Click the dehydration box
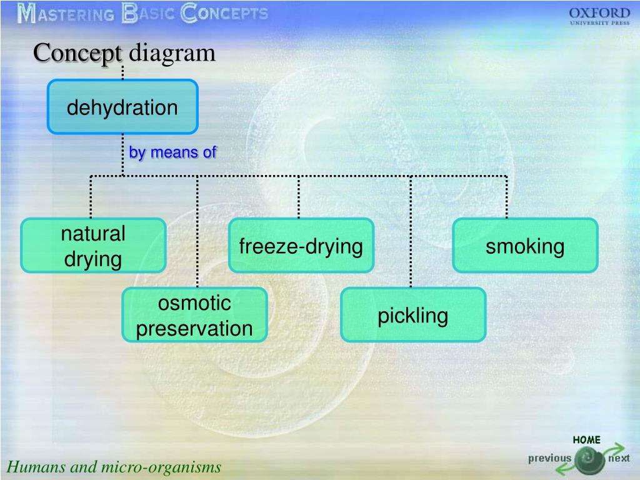[122, 107]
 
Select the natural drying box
[93, 245]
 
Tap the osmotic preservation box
[194, 315]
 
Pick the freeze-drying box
[301, 246]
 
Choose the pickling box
[412, 315]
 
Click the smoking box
[525, 246]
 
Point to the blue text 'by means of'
[172, 152]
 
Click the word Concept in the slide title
[78, 52]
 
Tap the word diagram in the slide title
[172, 52]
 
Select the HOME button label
[586, 440]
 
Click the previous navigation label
[549, 458]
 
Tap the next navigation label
[619, 459]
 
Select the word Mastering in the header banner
[66, 14]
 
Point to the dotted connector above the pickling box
[411, 231]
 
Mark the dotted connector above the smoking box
[506, 197]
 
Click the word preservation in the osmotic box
[194, 329]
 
